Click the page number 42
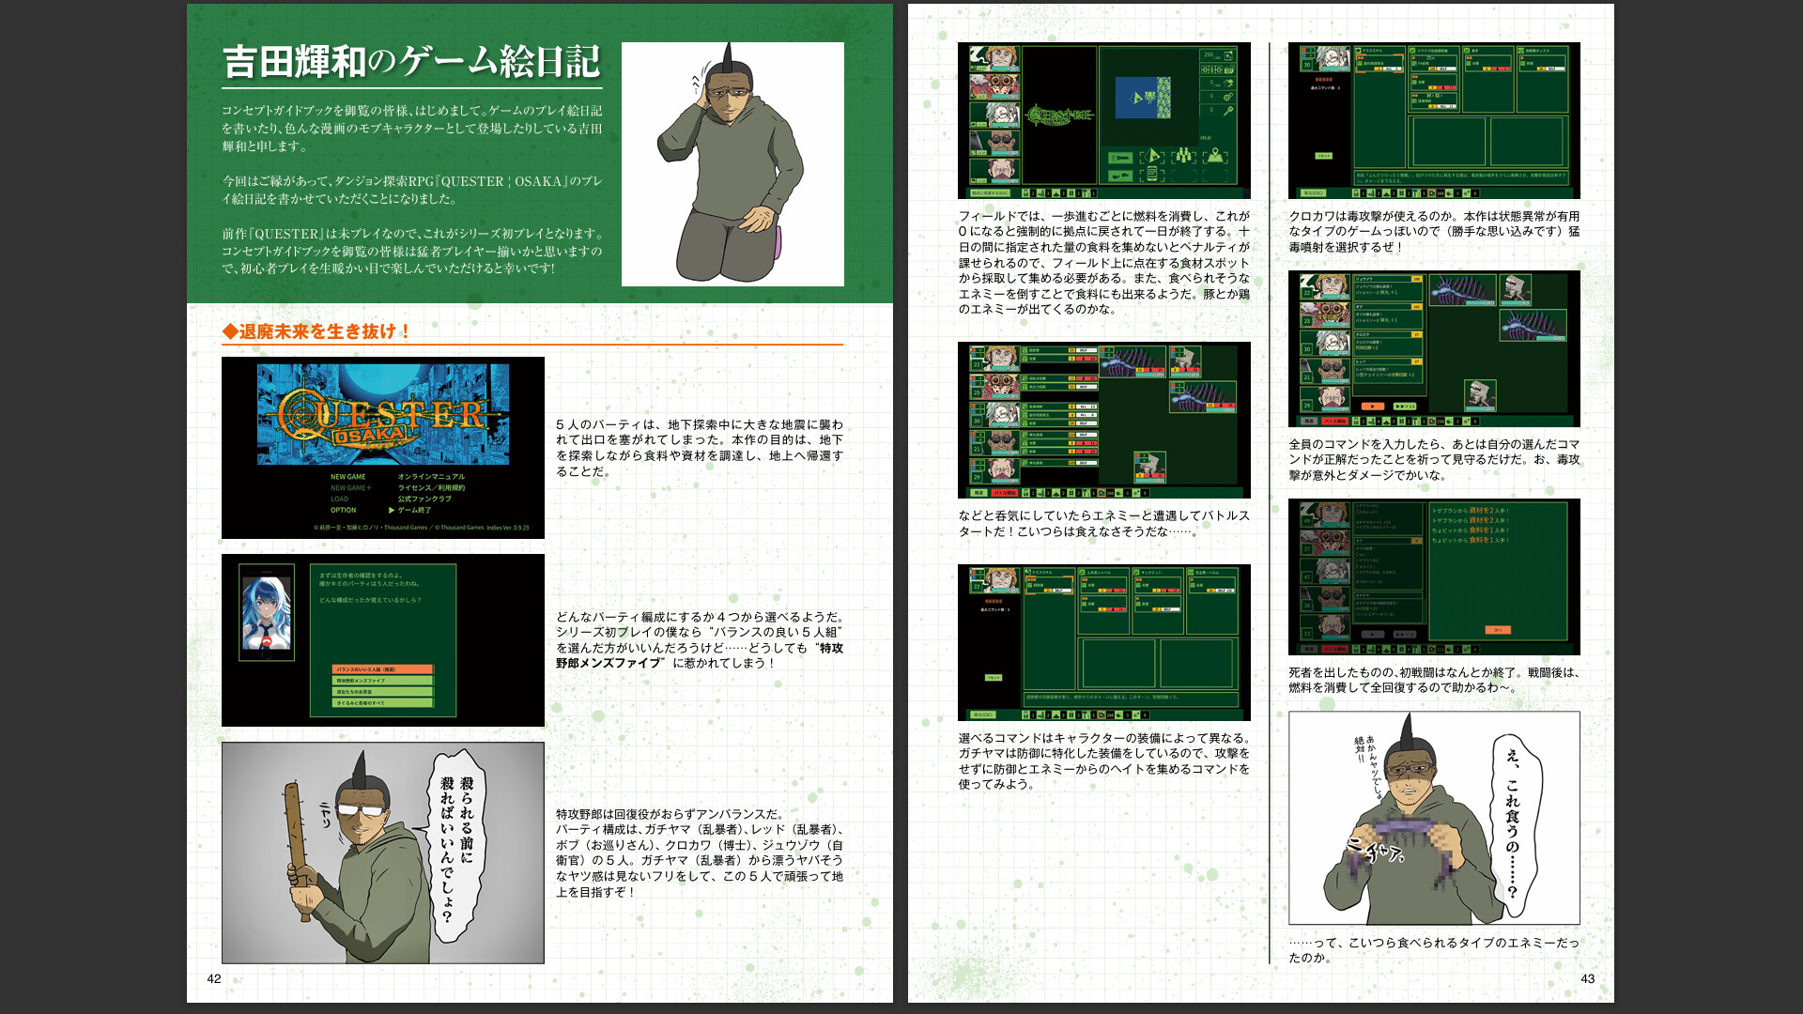(x=214, y=978)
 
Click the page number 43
(x=1587, y=978)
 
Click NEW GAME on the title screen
(x=347, y=477)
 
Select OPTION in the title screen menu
(x=343, y=511)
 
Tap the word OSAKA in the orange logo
(x=372, y=437)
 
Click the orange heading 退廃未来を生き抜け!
(x=316, y=331)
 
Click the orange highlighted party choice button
(x=383, y=669)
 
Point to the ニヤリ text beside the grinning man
(x=326, y=814)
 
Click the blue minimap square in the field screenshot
(x=1143, y=98)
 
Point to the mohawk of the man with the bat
(x=359, y=776)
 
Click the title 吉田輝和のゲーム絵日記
(x=411, y=62)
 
